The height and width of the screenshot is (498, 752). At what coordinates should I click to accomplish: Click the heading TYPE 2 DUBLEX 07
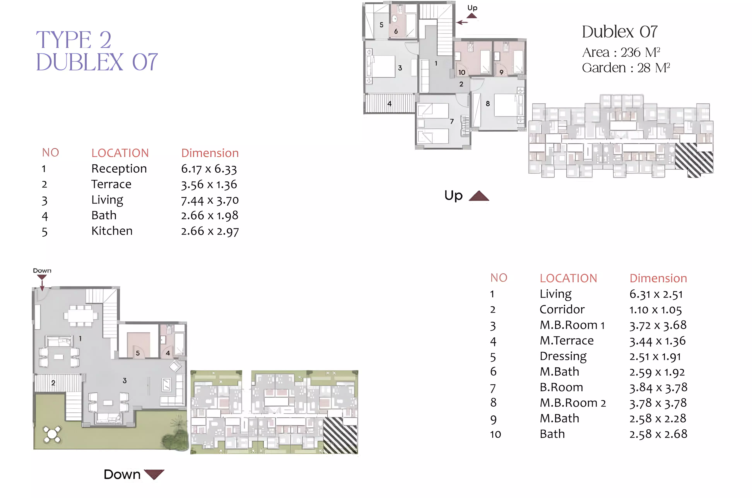click(x=97, y=51)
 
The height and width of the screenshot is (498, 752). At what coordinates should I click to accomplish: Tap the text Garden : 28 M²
click(x=626, y=68)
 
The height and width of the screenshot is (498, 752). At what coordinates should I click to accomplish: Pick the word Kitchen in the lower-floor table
click(x=112, y=231)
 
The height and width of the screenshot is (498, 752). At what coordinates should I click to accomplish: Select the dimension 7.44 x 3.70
click(x=210, y=200)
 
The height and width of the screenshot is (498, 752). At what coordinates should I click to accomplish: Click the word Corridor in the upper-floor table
click(x=562, y=309)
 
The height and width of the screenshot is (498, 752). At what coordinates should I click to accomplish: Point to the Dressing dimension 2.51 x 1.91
click(x=655, y=356)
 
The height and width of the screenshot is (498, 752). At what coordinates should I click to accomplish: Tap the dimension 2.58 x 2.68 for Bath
click(x=658, y=434)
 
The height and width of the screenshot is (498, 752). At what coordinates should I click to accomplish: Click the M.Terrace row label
click(x=567, y=340)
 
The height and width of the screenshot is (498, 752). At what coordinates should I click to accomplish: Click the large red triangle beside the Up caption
click(x=479, y=196)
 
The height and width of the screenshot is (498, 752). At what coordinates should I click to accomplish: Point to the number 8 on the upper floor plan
click(x=488, y=104)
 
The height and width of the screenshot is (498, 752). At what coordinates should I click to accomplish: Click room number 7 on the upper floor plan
click(x=452, y=121)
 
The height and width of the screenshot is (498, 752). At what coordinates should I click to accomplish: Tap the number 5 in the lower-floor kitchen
click(x=138, y=353)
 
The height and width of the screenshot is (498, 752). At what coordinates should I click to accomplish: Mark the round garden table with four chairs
click(x=52, y=434)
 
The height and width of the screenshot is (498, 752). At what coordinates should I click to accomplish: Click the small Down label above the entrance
click(x=42, y=271)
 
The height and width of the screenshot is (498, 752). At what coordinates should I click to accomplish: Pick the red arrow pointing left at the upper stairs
click(x=462, y=22)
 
